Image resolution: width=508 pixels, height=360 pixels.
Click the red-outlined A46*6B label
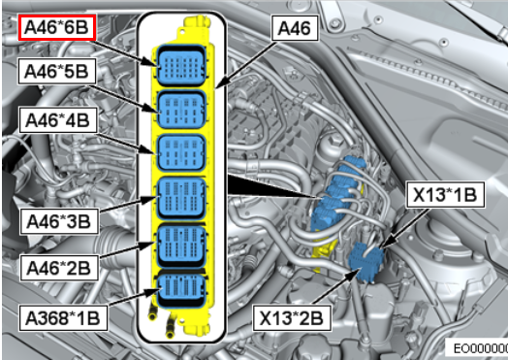pyautogui.click(x=57, y=27)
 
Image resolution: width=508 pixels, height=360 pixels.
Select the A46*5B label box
pyautogui.click(x=57, y=71)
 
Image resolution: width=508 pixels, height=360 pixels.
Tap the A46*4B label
pyautogui.click(x=58, y=120)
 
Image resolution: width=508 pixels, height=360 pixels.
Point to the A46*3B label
pyautogui.click(x=59, y=221)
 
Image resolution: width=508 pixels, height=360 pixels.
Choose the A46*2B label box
pyautogui.click(x=59, y=268)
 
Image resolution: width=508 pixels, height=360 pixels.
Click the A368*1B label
pyautogui.click(x=63, y=318)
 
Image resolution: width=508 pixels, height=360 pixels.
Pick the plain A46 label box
pyautogui.click(x=295, y=28)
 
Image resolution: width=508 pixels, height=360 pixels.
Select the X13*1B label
pyautogui.click(x=445, y=195)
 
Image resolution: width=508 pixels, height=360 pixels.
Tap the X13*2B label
pyautogui.click(x=292, y=318)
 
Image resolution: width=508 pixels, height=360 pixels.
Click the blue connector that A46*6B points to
pyautogui.click(x=181, y=66)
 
